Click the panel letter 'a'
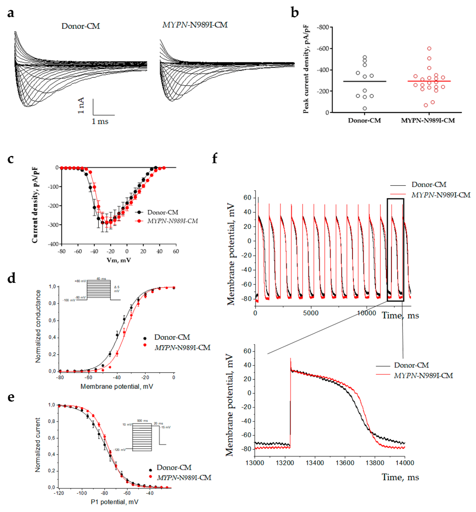tap(11, 13)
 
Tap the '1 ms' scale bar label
tap(100, 121)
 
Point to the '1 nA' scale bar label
tap(81, 105)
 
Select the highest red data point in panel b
tap(429, 48)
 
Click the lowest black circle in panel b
tap(365, 108)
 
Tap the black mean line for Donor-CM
tap(365, 81)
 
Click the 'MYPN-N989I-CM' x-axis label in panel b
tap(428, 120)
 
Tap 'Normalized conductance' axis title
tap(38, 326)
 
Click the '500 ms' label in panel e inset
tap(142, 421)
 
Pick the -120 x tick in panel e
tap(59, 493)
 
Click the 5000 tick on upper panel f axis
tap(311, 313)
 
